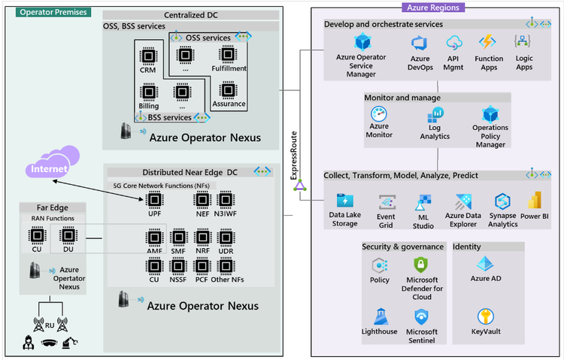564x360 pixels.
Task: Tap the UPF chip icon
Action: pyautogui.click(x=155, y=199)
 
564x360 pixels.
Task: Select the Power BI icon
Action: pyautogui.click(x=535, y=201)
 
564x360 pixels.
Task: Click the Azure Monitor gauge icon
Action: pyautogui.click(x=379, y=114)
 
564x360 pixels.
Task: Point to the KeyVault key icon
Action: pyautogui.click(x=486, y=316)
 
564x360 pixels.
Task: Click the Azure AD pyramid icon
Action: pyautogui.click(x=485, y=264)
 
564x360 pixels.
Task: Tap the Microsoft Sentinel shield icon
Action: pyautogui.click(x=422, y=316)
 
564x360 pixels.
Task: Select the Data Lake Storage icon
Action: pyautogui.click(x=346, y=201)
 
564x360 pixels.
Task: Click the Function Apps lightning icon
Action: pyautogui.click(x=490, y=42)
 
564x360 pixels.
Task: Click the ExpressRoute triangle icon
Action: pyautogui.click(x=299, y=186)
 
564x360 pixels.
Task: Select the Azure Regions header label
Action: pyautogui.click(x=434, y=7)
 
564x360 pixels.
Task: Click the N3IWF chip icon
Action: pyautogui.click(x=226, y=199)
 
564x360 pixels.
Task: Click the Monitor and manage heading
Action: pyautogui.click(x=402, y=98)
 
